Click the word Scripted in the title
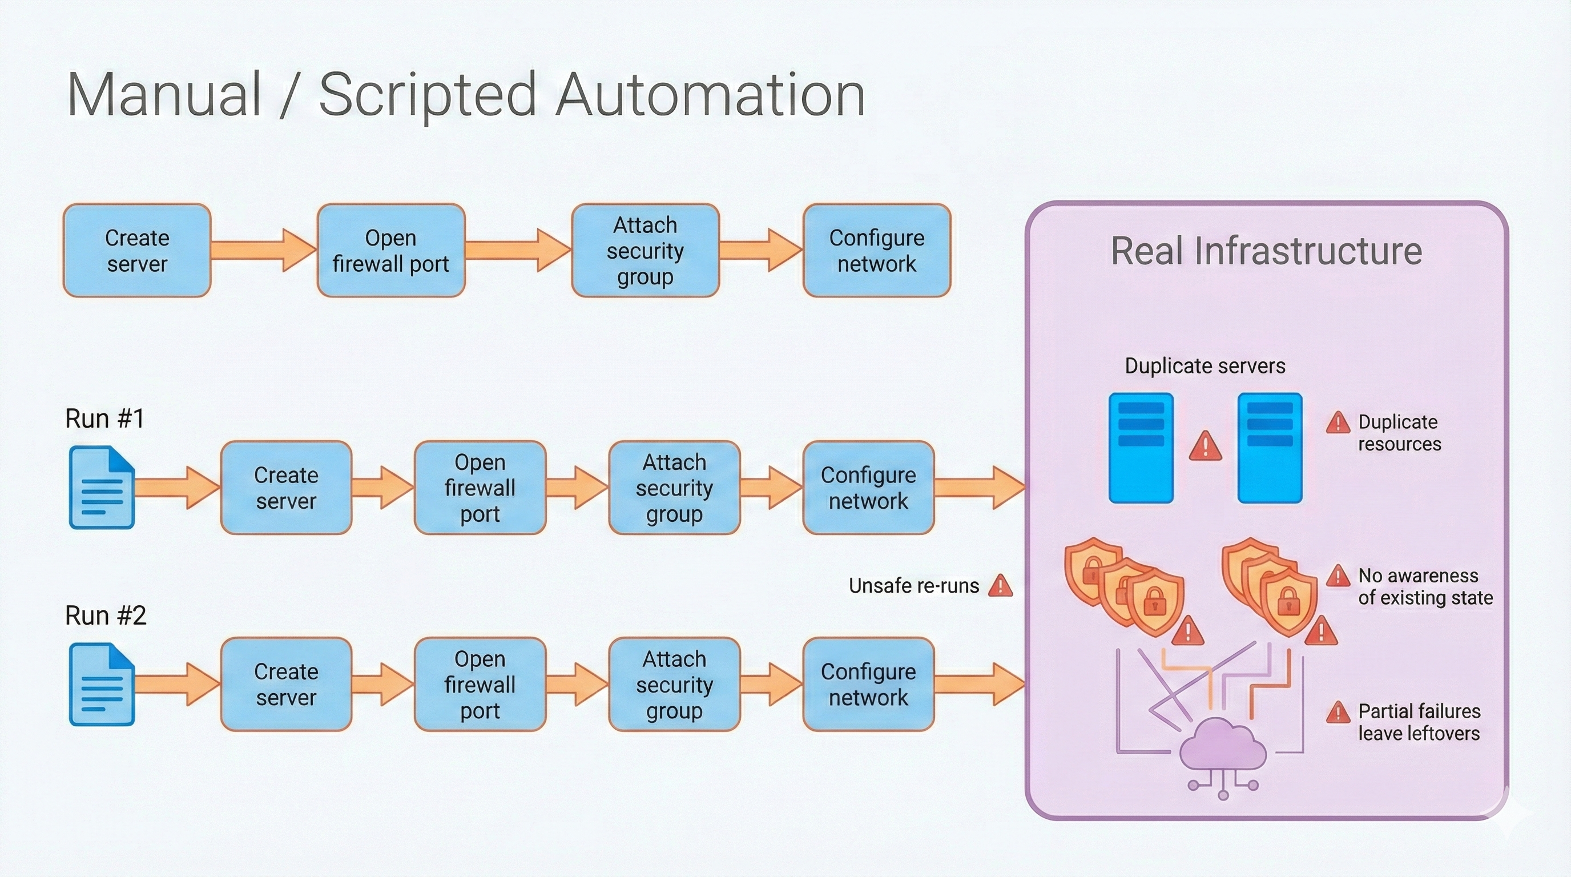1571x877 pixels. click(427, 95)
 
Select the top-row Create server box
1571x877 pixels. click(137, 251)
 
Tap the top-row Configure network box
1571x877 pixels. click(876, 251)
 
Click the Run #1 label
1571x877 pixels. click(105, 419)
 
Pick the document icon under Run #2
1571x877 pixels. click(102, 684)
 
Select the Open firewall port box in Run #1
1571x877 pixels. click(480, 488)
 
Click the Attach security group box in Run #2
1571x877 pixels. click(674, 684)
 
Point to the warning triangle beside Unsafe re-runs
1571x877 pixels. click(1000, 586)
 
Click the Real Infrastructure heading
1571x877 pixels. click(1266, 251)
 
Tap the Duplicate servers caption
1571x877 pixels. click(1205, 366)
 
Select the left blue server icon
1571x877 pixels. click(1141, 448)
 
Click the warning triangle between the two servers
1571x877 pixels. click(1205, 446)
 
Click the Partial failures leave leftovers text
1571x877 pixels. click(1419, 722)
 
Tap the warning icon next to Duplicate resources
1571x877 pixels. click(1338, 423)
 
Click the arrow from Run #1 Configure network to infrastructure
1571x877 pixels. click(979, 487)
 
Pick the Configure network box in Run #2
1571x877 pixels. click(868, 684)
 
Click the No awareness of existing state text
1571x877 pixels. click(1425, 586)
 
